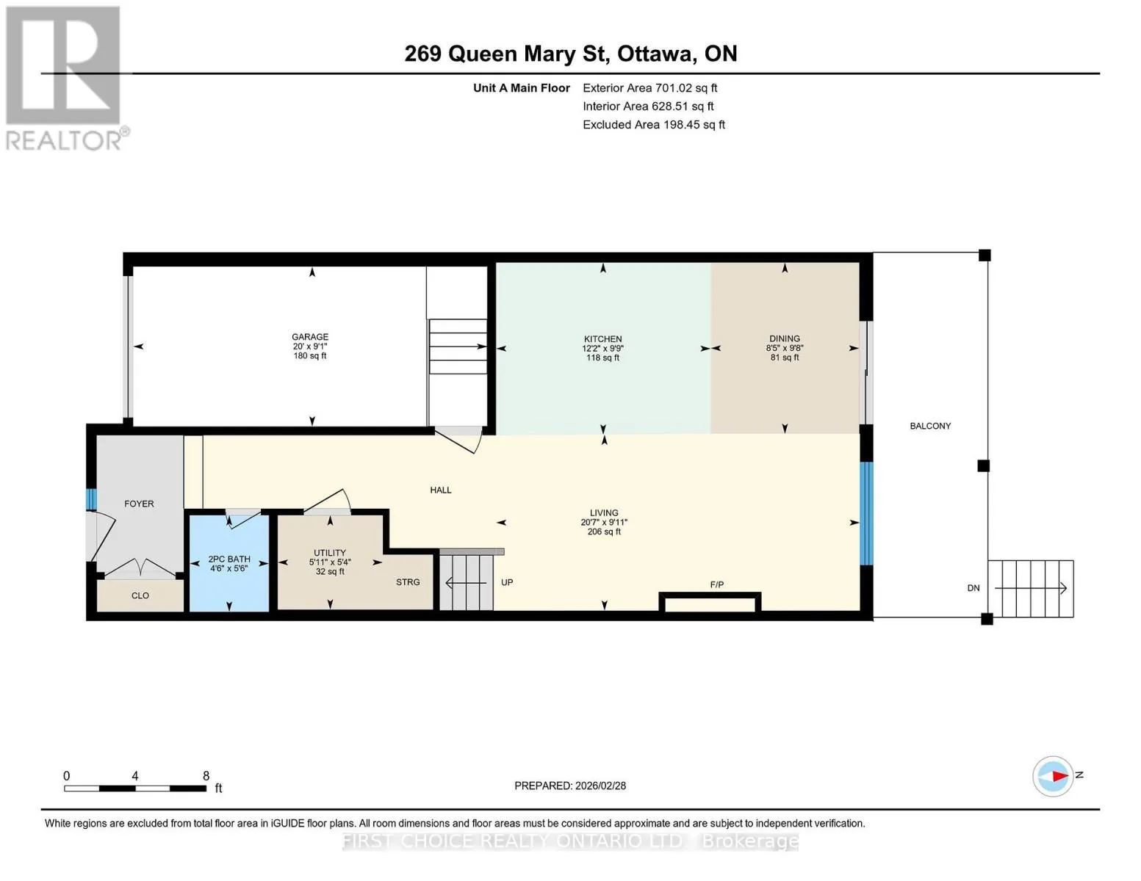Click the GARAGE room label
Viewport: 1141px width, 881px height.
point(310,337)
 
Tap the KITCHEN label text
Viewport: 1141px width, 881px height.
point(602,339)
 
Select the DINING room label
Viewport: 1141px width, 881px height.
point(785,338)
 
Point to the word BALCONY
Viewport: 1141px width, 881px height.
point(930,426)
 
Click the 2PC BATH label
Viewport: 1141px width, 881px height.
point(229,559)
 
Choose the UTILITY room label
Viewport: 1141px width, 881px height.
point(330,553)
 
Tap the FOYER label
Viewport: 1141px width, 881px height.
point(139,504)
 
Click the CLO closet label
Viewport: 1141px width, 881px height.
point(140,595)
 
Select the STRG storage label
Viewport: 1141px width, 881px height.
point(408,582)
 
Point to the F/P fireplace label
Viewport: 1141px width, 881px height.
point(717,584)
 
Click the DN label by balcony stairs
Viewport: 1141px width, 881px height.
point(973,588)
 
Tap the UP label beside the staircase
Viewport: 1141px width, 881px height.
point(507,582)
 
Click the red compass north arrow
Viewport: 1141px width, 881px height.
point(1060,776)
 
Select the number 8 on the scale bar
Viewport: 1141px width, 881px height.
point(206,776)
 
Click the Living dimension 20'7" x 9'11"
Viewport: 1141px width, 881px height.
point(604,522)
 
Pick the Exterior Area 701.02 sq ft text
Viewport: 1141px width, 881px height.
point(649,88)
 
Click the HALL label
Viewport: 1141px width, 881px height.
point(441,490)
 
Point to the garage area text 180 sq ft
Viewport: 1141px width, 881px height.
point(310,356)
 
